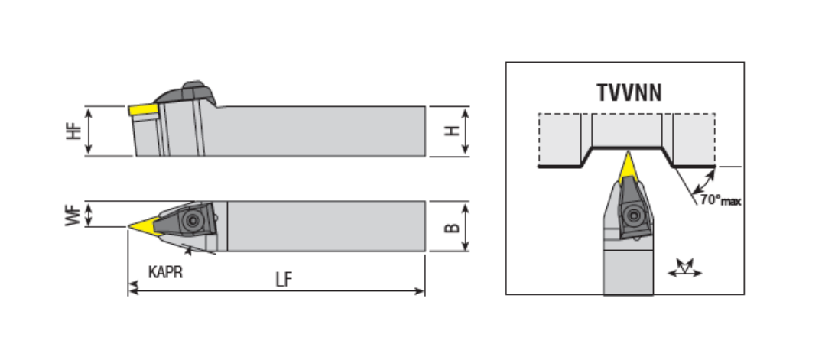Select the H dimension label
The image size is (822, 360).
451,131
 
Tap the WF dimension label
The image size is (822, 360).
74,216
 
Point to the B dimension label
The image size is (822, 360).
451,228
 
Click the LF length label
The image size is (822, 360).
284,280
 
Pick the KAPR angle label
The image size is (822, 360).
165,272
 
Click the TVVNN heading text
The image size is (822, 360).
629,92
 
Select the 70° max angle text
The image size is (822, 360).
720,199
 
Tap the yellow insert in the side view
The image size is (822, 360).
144,110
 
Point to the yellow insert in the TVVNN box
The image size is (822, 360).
628,167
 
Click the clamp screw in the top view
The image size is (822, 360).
193,221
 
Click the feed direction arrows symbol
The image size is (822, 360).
684,268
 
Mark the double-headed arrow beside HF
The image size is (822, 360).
89,131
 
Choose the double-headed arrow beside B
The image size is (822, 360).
465,226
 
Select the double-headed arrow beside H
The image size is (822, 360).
465,131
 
